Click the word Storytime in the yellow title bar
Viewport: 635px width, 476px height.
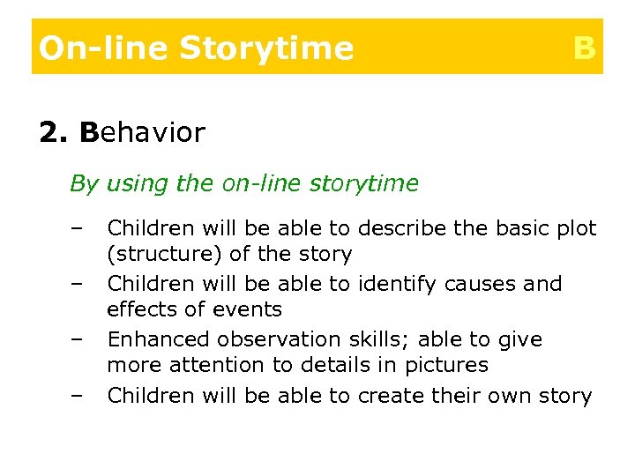pyautogui.click(x=265, y=48)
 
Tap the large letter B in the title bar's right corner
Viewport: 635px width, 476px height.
pyautogui.click(x=584, y=48)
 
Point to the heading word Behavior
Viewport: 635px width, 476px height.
pyautogui.click(x=142, y=133)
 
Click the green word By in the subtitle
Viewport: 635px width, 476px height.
pyautogui.click(x=85, y=183)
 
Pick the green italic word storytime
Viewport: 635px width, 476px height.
pyautogui.click(x=364, y=183)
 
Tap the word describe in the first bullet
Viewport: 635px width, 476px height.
pyautogui.click(x=395, y=228)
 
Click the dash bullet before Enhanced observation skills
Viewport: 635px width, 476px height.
pyautogui.click(x=77, y=339)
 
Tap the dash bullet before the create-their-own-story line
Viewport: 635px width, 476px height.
pyautogui.click(x=77, y=396)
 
